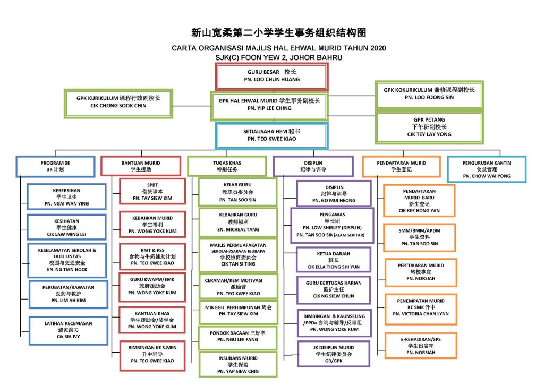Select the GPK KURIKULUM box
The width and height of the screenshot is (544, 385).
click(x=118, y=102)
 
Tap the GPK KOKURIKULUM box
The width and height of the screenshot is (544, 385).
click(x=429, y=94)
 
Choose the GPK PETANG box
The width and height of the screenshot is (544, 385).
click(x=429, y=127)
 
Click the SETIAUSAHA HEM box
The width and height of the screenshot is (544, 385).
click(x=271, y=135)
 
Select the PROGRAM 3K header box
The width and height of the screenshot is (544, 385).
click(x=56, y=166)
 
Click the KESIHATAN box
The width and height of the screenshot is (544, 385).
click(x=59, y=227)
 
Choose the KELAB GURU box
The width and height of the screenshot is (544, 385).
click(x=237, y=192)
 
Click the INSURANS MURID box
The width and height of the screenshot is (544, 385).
click(x=237, y=364)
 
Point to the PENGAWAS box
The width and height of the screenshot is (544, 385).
click(x=332, y=225)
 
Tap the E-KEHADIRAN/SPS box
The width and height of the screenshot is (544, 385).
click(x=420, y=345)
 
